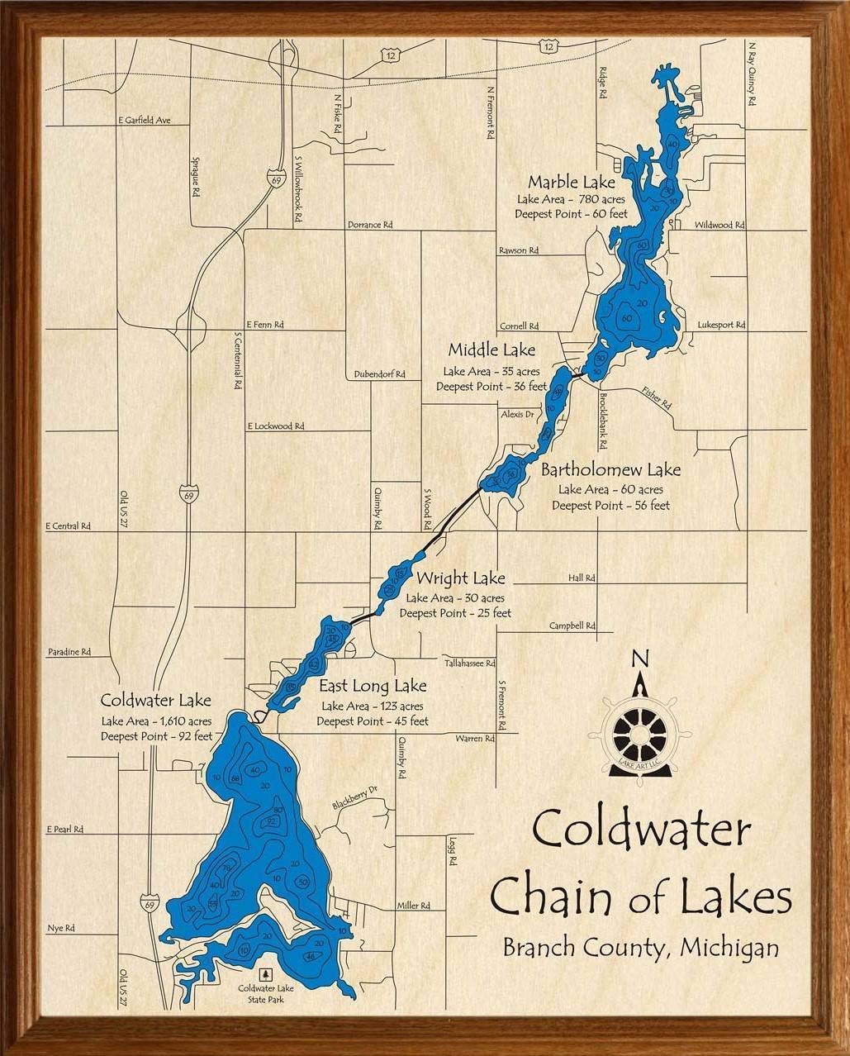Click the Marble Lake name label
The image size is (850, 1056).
tap(572, 182)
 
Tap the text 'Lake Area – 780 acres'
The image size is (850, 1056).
tap(571, 199)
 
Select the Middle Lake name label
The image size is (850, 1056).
tap(491, 350)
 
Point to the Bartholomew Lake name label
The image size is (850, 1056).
tap(610, 470)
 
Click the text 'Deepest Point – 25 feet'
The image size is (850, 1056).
tap(455, 613)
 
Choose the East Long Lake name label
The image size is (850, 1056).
tap(373, 686)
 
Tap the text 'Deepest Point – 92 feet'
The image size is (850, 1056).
tap(157, 736)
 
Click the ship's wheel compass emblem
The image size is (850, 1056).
tap(638, 732)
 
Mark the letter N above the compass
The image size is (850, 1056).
tap(639, 659)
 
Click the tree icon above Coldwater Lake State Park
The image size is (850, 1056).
tap(265, 974)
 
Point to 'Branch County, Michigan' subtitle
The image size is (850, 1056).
tap(640, 948)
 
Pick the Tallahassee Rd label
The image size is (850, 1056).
tap(469, 663)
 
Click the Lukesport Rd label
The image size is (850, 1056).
tap(721, 326)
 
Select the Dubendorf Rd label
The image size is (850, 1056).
tap(379, 374)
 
